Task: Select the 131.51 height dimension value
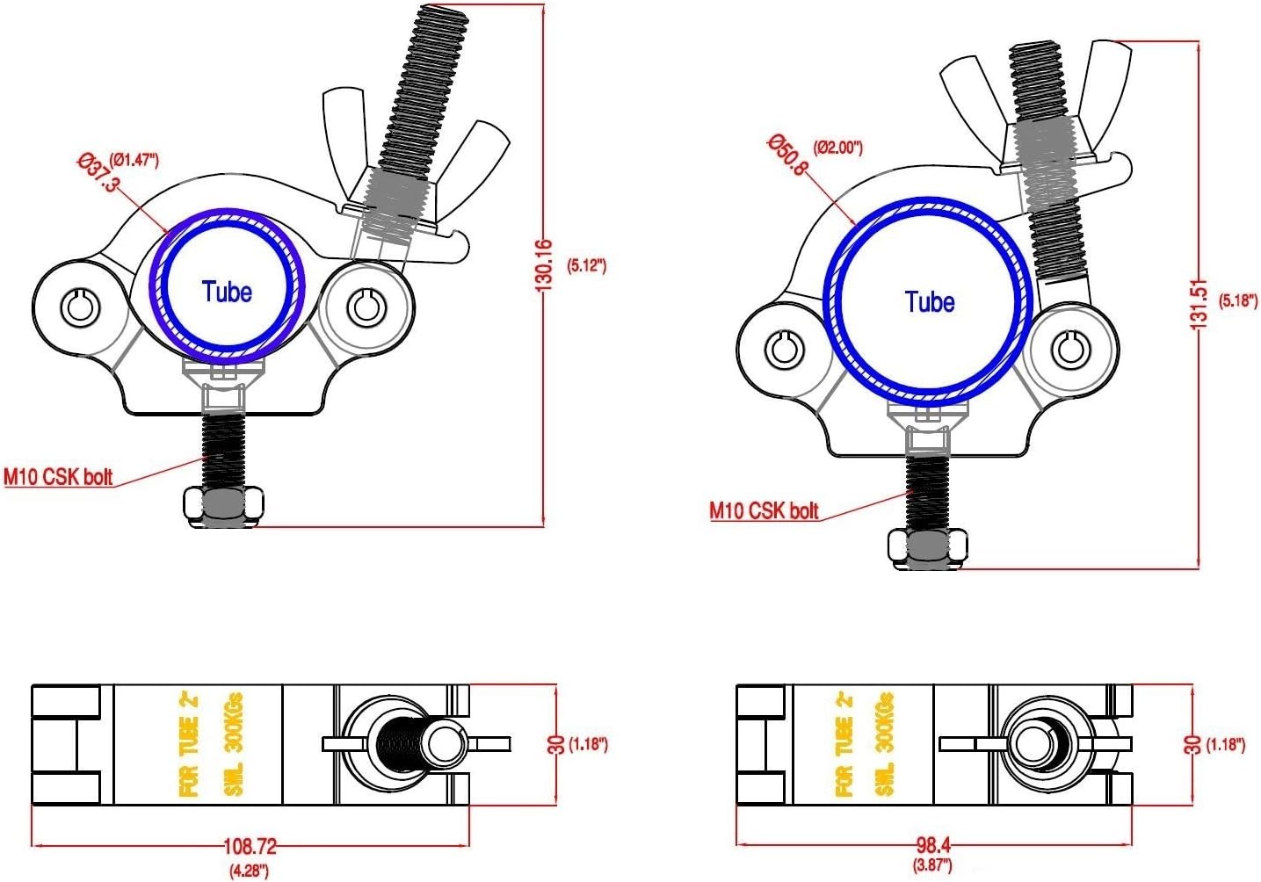(x=1199, y=304)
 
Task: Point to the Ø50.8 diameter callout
(x=786, y=155)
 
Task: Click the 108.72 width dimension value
(x=250, y=846)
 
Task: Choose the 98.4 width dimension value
(x=933, y=845)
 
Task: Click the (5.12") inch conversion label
(x=587, y=265)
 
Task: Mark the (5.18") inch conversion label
(x=1238, y=300)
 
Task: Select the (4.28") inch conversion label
(x=250, y=871)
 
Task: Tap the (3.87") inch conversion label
(x=932, y=866)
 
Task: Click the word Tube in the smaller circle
(x=227, y=292)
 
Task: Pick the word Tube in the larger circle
(x=930, y=302)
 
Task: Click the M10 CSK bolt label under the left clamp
(x=59, y=477)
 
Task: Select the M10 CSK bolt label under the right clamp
(x=764, y=510)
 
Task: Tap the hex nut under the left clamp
(x=224, y=504)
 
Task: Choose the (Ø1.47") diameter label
(x=134, y=160)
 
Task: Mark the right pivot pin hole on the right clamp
(x=1070, y=349)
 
